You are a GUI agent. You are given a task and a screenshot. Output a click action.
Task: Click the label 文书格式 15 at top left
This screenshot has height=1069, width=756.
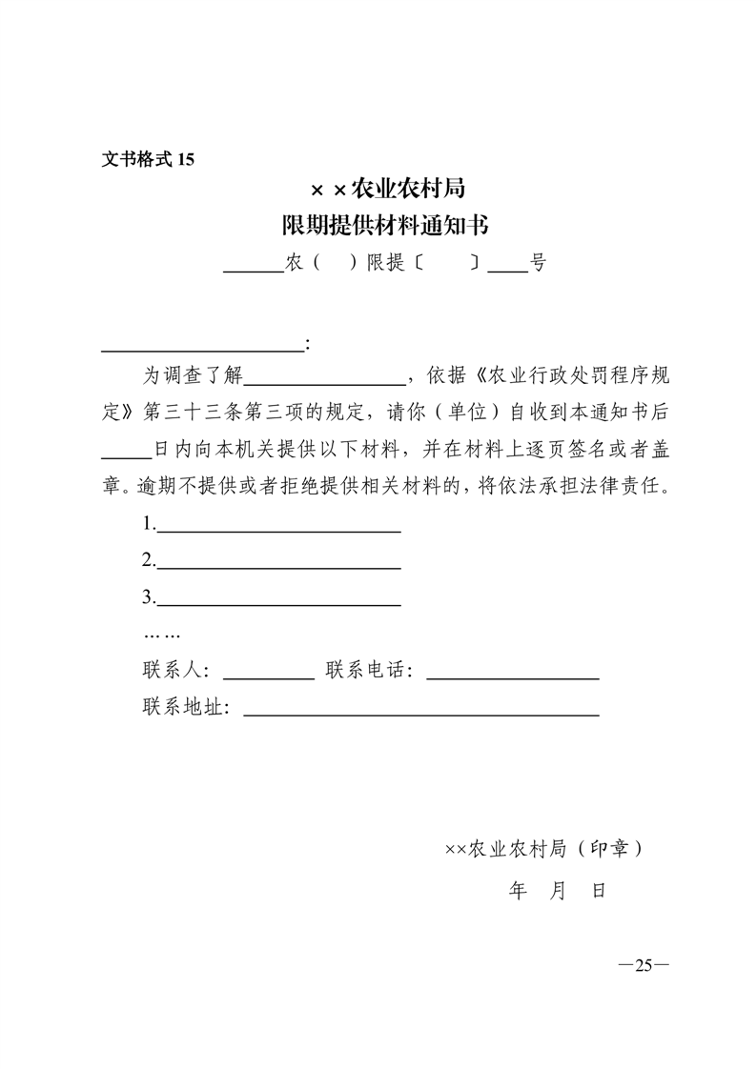(x=148, y=159)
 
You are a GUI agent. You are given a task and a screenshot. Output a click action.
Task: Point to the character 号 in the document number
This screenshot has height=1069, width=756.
(x=539, y=264)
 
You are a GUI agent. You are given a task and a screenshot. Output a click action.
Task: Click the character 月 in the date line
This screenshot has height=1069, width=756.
(x=559, y=891)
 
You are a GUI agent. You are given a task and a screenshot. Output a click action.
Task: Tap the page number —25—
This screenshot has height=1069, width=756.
(x=644, y=965)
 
